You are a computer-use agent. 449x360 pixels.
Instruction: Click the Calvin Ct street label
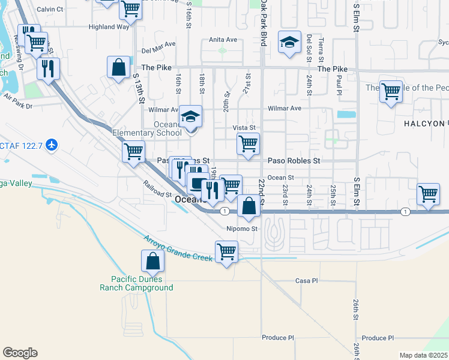tap(50, 10)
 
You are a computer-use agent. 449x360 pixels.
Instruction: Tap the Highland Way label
tap(109, 27)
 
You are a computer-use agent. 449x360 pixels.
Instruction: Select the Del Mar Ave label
tap(158, 52)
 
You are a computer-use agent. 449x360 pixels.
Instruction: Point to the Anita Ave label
tap(223, 40)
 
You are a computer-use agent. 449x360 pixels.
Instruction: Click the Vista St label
tap(244, 128)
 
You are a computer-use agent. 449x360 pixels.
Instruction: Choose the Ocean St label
tap(281, 178)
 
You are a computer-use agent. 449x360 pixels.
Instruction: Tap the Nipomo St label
tap(242, 229)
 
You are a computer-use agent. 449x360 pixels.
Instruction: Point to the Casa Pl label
tap(306, 281)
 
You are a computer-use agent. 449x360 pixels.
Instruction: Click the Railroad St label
tap(157, 190)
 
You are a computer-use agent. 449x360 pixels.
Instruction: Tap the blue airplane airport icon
tap(52, 145)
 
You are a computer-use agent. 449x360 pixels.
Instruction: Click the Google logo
tap(20, 353)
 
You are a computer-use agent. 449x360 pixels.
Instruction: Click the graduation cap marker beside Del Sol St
tap(289, 43)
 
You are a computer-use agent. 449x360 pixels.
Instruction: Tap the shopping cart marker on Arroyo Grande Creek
tap(226, 252)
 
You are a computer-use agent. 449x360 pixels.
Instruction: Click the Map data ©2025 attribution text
tap(423, 355)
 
